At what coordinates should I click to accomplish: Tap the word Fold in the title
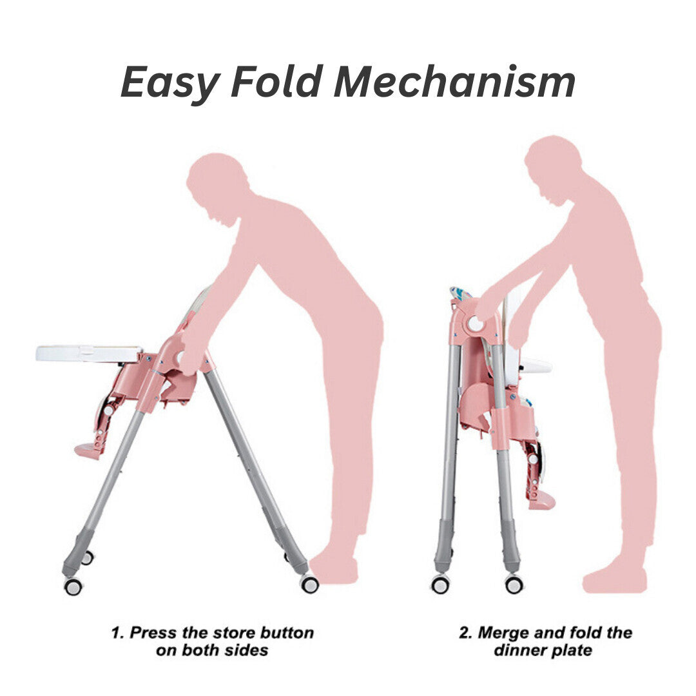277,81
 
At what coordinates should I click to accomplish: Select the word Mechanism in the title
454,81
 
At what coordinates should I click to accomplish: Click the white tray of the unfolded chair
90,353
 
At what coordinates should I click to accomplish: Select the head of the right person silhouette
553,170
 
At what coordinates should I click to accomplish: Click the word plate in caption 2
572,650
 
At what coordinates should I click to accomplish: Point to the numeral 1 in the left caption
115,633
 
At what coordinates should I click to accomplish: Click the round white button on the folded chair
476,323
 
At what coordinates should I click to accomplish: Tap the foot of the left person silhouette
333,570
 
